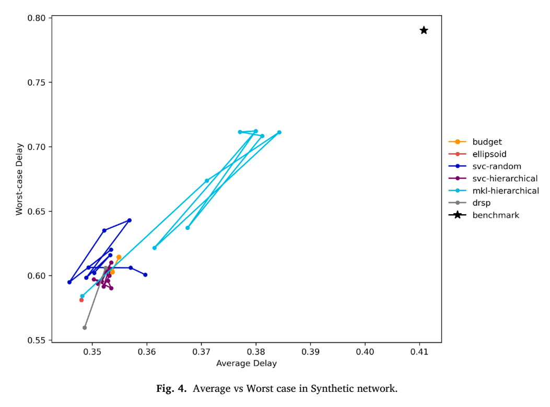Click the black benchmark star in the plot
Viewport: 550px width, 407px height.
pos(424,30)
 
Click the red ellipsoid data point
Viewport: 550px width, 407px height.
pos(81,300)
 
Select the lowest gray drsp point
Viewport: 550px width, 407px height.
pos(85,328)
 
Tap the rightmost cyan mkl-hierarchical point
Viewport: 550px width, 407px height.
pos(279,132)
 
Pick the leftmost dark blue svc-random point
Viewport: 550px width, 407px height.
pos(69,282)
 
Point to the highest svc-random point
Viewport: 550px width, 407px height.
pos(130,220)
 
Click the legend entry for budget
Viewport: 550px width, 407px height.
pos(487,142)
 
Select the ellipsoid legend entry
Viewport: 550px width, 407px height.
pos(489,154)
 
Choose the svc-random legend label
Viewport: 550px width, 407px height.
pos(497,166)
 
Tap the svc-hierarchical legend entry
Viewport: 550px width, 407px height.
pos(505,179)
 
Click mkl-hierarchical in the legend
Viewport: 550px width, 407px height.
pos(506,191)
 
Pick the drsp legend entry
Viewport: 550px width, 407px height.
pos(481,203)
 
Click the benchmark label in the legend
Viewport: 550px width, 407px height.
pos(496,215)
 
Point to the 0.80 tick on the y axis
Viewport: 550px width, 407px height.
pos(37,18)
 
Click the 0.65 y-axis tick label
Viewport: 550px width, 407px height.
pos(37,211)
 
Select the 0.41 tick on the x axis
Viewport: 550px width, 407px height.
pos(419,352)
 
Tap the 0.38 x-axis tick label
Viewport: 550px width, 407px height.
pos(256,352)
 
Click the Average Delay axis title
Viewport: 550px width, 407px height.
pos(247,363)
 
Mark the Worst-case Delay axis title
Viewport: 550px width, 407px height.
pos(19,179)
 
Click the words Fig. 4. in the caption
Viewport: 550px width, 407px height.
pos(171,388)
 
